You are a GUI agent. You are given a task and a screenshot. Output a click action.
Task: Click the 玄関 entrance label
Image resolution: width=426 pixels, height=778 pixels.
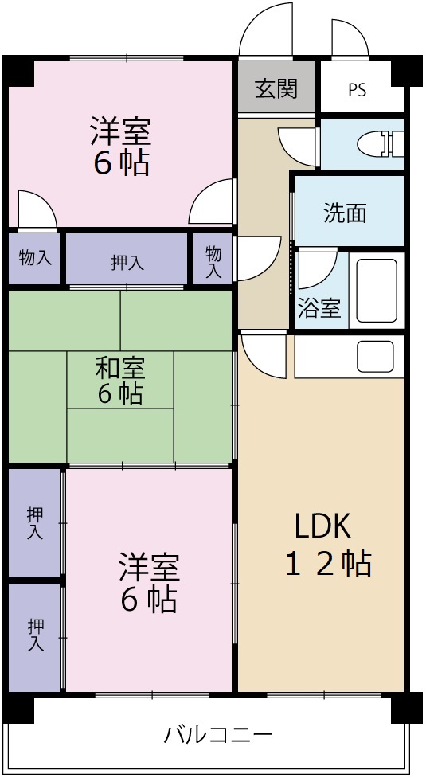click(276, 88)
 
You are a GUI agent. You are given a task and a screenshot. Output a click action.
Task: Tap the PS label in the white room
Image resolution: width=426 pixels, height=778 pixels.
click(357, 90)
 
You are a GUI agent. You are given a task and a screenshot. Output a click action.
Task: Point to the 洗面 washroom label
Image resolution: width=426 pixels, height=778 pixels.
click(345, 213)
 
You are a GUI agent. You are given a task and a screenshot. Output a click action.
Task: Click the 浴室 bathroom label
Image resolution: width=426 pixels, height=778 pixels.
click(319, 309)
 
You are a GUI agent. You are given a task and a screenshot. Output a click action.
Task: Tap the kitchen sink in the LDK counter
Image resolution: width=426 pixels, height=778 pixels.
click(375, 356)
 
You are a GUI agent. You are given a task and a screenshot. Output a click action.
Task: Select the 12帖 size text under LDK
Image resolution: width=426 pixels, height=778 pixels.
click(328, 564)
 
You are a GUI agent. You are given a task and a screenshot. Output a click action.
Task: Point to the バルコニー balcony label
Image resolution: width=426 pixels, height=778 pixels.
click(218, 733)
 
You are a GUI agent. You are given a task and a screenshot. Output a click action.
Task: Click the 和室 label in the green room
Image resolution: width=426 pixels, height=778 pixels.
click(120, 369)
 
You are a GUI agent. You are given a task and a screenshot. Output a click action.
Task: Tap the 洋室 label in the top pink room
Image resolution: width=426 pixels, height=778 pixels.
click(120, 129)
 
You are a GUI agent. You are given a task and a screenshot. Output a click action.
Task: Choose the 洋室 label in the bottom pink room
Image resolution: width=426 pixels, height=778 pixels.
click(149, 568)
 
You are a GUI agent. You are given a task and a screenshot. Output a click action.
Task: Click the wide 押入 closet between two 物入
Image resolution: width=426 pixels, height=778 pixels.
click(127, 262)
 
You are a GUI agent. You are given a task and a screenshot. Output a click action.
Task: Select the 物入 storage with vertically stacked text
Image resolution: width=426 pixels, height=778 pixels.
click(213, 262)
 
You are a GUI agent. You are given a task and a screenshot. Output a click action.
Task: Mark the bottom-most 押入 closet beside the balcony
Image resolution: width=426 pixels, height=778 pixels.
click(34, 635)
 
